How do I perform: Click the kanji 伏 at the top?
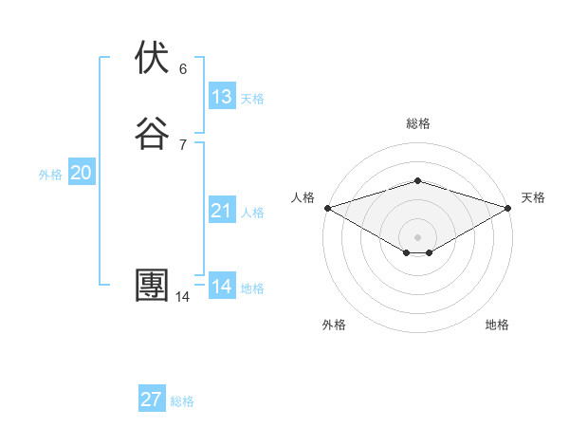click(153, 58)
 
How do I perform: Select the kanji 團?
click(153, 286)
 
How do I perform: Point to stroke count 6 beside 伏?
click(183, 69)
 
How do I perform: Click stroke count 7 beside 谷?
click(183, 145)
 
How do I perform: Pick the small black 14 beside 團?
click(182, 297)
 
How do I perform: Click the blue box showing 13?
click(222, 97)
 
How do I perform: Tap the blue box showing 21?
click(222, 211)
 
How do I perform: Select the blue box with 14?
click(222, 287)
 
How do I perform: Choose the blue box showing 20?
click(82, 173)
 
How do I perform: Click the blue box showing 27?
click(152, 400)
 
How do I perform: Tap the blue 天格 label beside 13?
click(252, 99)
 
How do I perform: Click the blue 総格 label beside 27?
click(182, 401)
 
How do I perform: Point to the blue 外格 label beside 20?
click(50, 175)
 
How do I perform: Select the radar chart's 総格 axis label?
click(418, 123)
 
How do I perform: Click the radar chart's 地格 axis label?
click(497, 325)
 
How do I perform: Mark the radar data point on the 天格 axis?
click(508, 208)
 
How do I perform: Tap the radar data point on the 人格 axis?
click(327, 208)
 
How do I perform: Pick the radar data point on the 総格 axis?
click(418, 180)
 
